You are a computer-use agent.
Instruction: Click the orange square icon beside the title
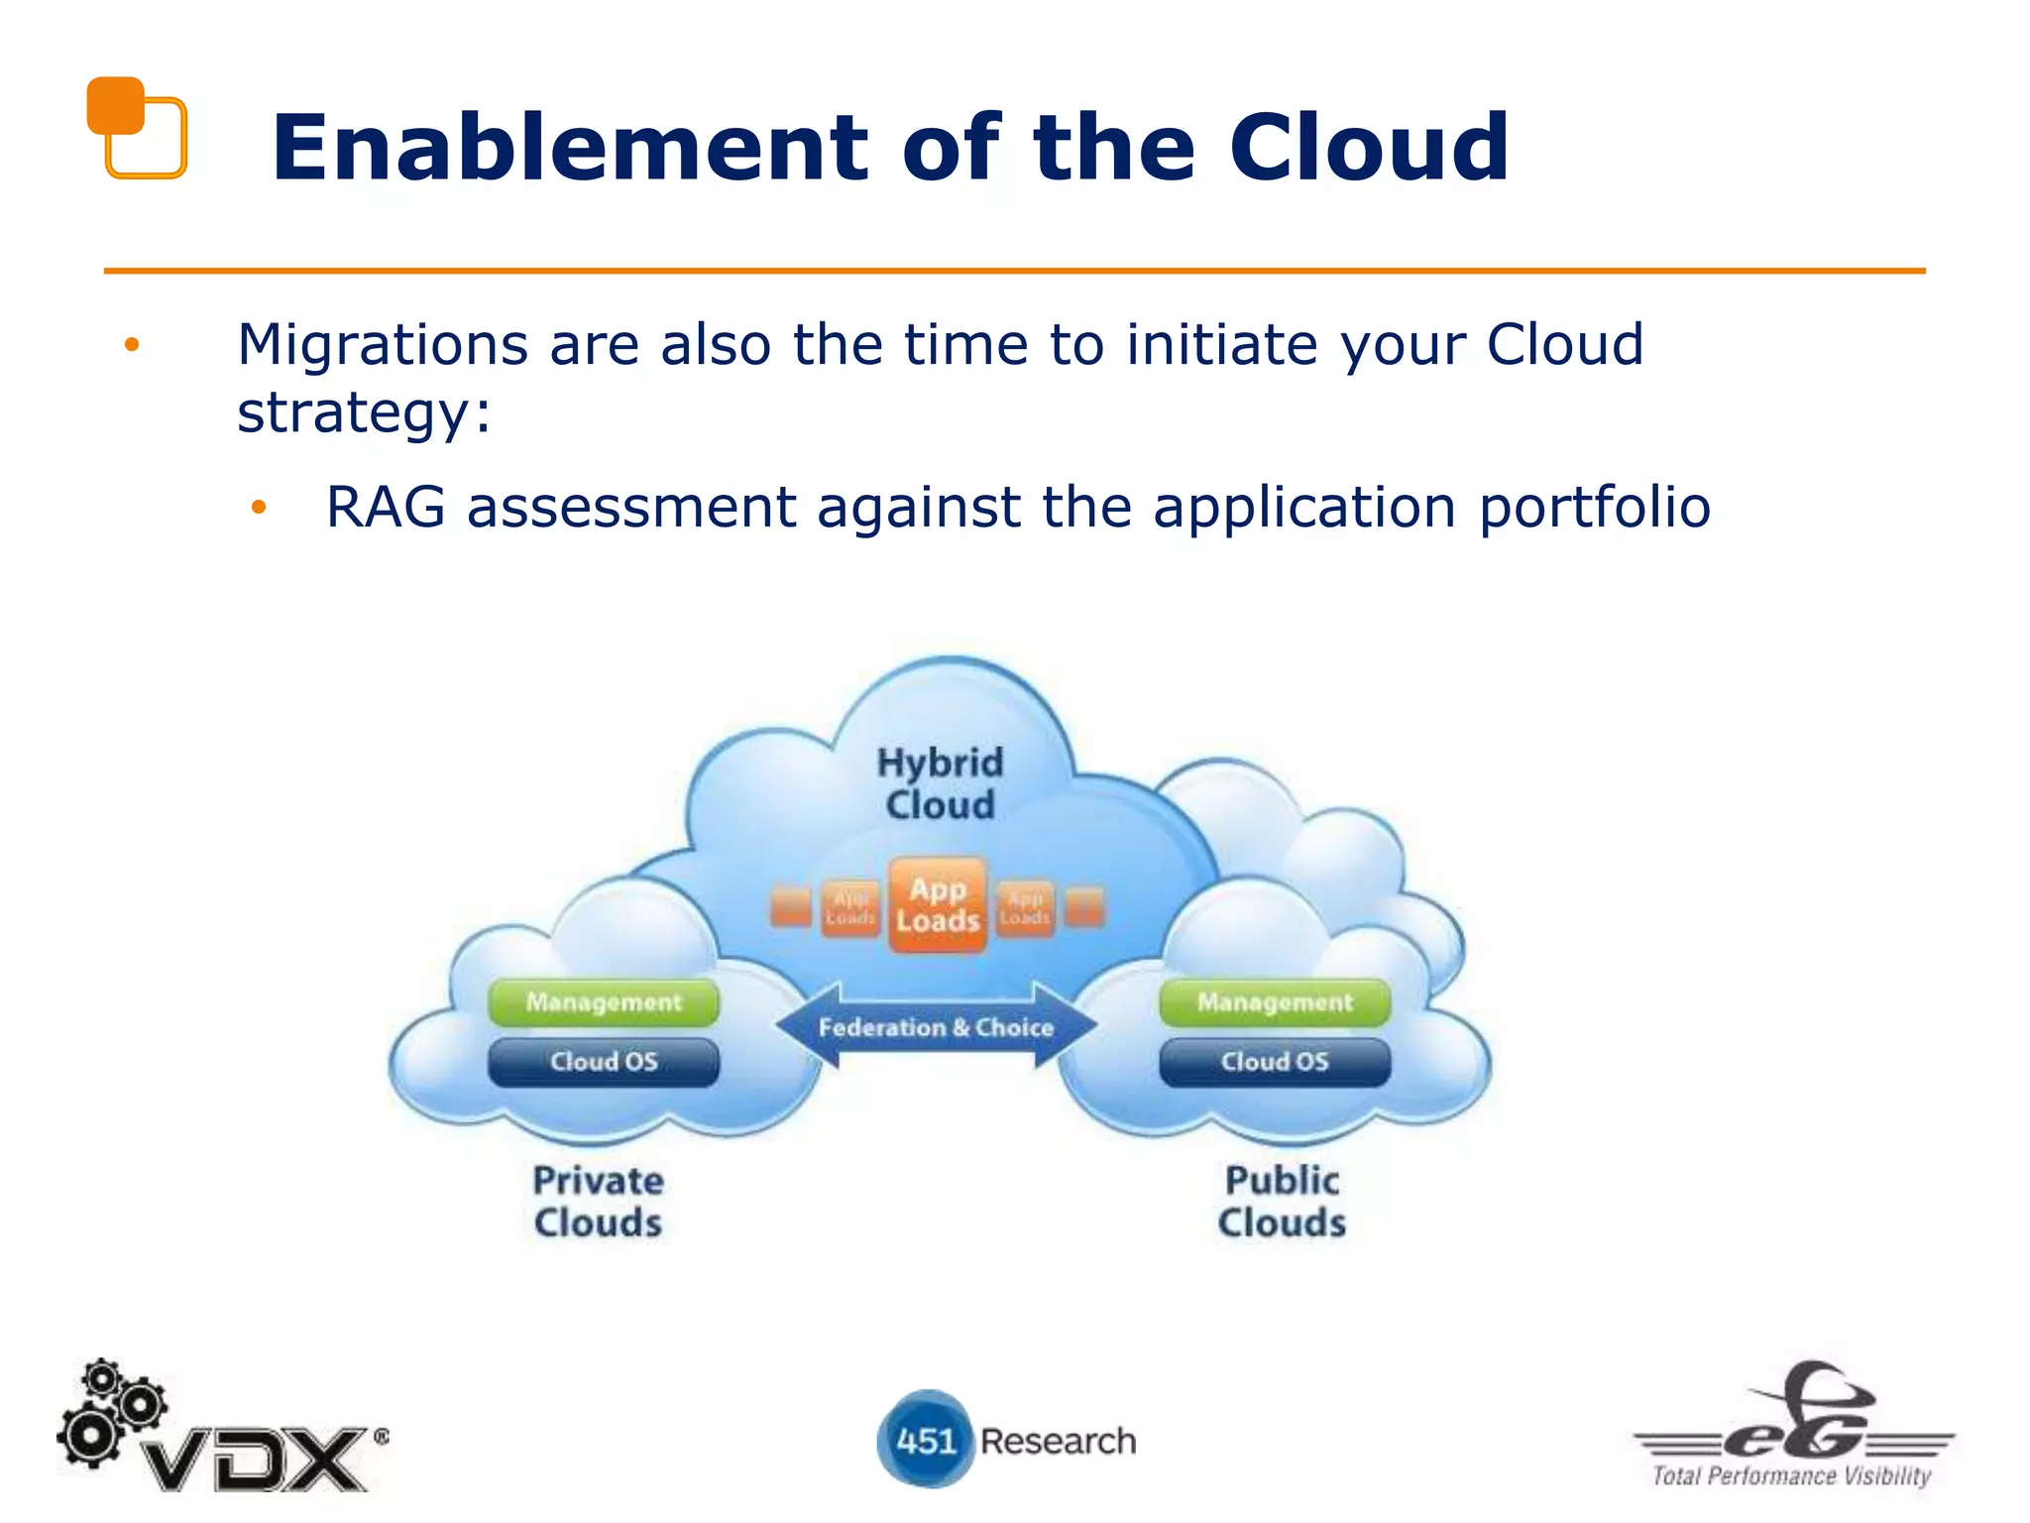[136, 127]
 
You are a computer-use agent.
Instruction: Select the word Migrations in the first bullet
[382, 345]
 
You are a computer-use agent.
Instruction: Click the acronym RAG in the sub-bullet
[386, 508]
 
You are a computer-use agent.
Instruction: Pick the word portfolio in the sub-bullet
[1595, 508]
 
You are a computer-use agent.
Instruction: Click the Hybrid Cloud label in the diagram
[940, 783]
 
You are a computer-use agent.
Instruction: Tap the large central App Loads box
[937, 905]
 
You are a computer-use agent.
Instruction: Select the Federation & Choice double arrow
[936, 1027]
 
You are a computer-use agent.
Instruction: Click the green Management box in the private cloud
[603, 1002]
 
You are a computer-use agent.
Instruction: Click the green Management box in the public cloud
[1275, 1002]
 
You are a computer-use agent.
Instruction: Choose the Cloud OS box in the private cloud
[603, 1062]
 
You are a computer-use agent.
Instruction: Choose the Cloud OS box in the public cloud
[1275, 1062]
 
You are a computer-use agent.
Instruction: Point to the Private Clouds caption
[598, 1202]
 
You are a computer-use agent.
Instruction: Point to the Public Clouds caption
[1282, 1202]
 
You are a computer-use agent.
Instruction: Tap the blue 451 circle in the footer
[924, 1440]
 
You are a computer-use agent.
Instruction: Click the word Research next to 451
[1058, 1441]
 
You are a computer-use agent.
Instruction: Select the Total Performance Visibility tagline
[1791, 1476]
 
